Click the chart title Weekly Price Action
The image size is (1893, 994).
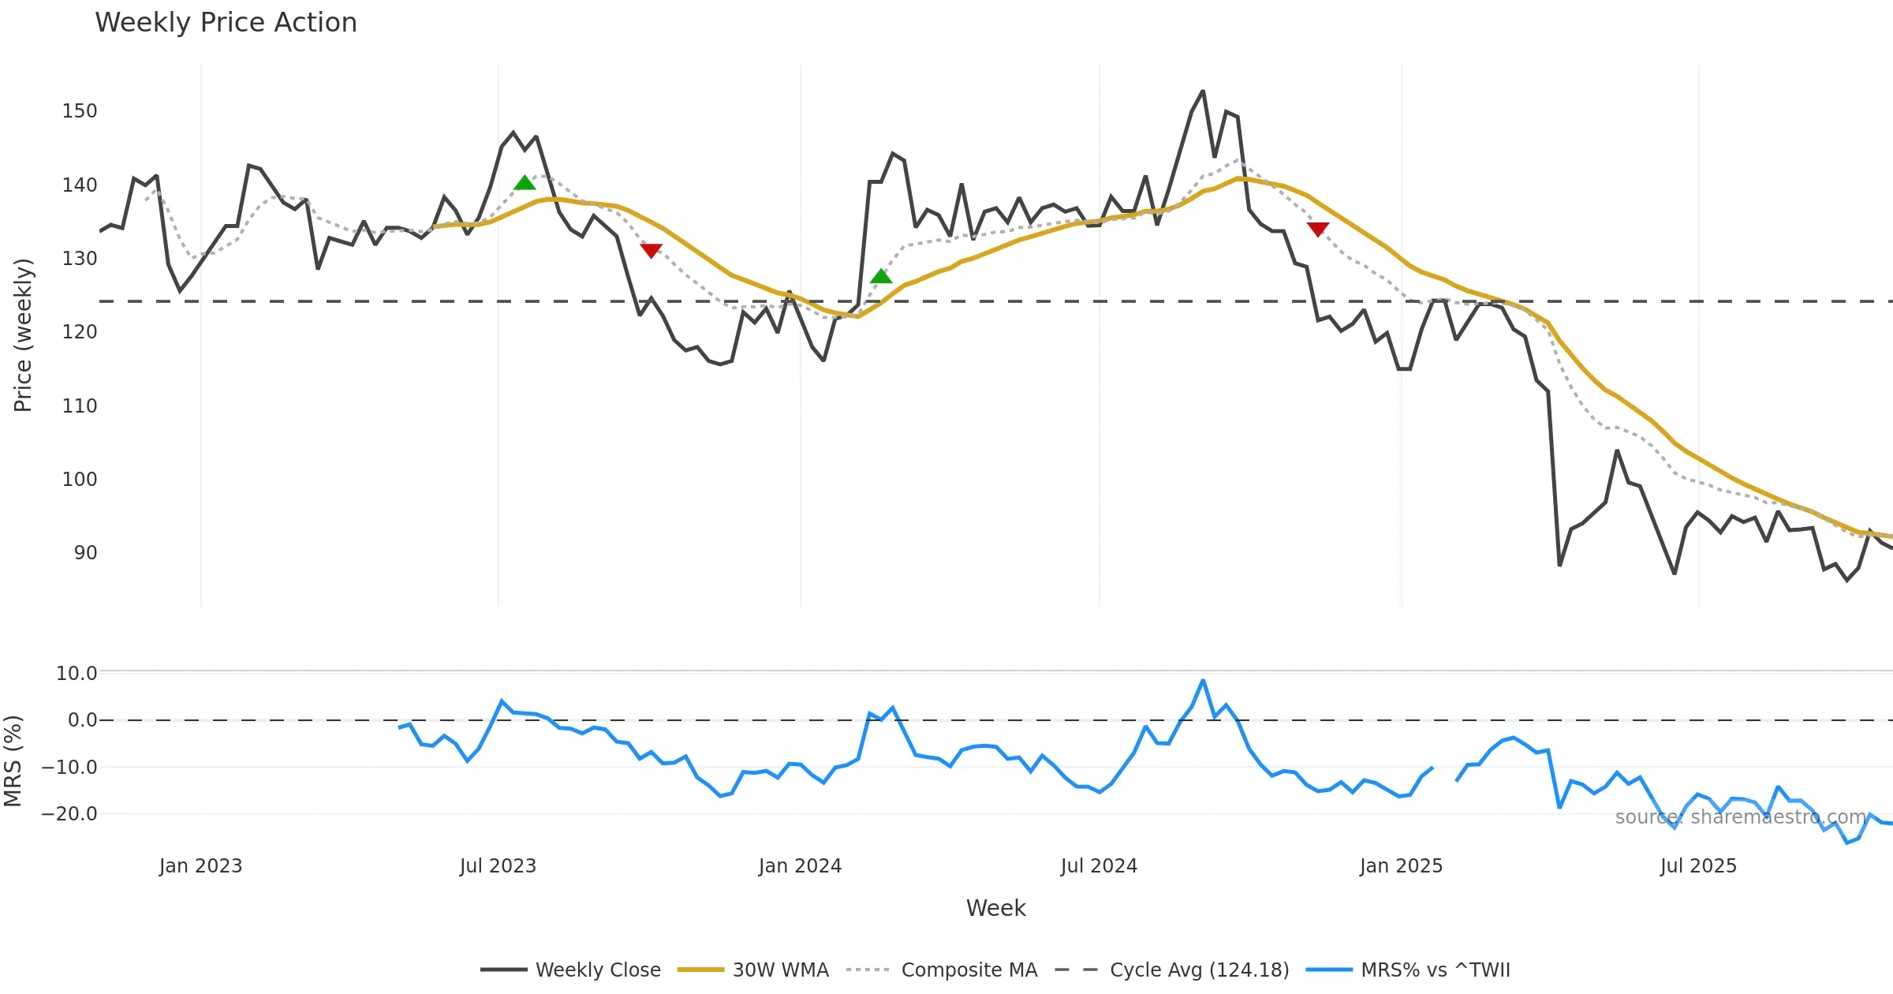pos(226,23)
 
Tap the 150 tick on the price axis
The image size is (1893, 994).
pos(80,111)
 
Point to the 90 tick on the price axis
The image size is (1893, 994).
pos(85,553)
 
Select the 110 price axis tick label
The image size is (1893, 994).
pos(80,406)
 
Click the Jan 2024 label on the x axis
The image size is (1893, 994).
pos(800,866)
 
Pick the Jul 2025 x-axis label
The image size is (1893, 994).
pos(1698,866)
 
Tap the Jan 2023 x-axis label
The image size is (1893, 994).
pos(200,866)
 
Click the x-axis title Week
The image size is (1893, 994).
pos(995,909)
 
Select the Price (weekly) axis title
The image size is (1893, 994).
pos(23,335)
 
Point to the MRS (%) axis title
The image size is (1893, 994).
pos(13,761)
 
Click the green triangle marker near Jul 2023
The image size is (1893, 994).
pos(525,183)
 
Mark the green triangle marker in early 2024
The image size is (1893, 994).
pos(881,276)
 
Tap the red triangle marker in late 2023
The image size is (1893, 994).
pos(651,250)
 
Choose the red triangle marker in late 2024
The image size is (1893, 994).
pos(1318,229)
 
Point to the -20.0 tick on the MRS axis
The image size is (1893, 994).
pos(69,814)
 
